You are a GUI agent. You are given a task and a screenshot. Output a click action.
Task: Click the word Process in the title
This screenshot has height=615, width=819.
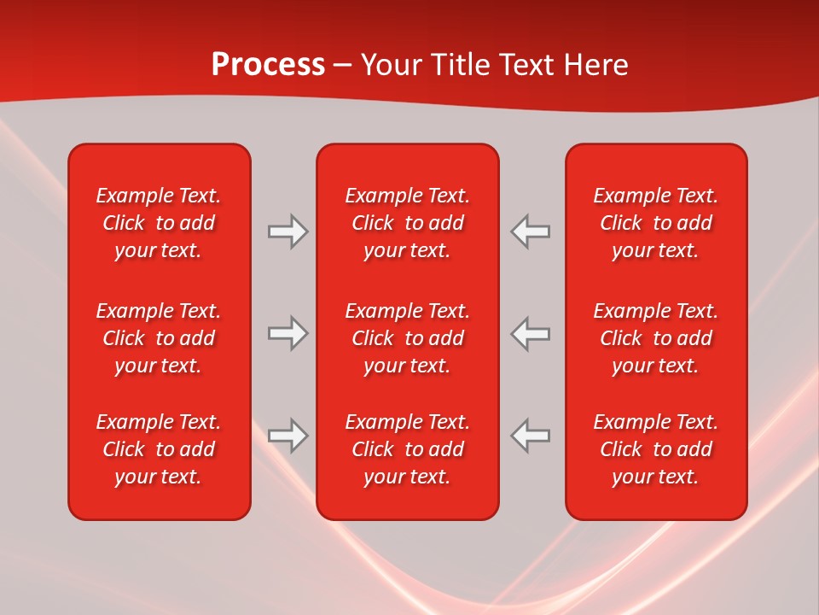point(268,65)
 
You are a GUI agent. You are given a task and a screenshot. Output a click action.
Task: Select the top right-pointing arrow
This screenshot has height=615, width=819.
point(288,231)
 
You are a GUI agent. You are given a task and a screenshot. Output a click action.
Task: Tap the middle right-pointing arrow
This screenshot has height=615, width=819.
point(288,333)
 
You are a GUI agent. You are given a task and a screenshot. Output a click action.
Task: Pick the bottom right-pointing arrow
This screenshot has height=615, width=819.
point(288,436)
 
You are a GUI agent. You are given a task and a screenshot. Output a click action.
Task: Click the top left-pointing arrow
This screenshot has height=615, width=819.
point(530,231)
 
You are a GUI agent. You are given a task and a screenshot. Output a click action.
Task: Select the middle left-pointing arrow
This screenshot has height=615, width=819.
point(530,333)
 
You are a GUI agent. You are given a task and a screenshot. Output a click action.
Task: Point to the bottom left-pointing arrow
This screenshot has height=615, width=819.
point(530,436)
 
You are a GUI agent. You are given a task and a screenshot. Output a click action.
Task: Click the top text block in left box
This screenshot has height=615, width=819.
point(159,223)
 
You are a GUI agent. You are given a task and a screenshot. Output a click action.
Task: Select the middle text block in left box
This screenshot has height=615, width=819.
point(159,338)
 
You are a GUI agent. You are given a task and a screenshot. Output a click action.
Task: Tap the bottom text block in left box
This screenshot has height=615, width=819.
point(159,449)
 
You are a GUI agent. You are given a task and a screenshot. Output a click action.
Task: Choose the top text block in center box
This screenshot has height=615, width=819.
point(408,223)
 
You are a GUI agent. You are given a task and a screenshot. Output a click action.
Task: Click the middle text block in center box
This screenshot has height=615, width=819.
point(408,338)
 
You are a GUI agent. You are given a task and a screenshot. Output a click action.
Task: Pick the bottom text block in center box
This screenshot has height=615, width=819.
point(408,449)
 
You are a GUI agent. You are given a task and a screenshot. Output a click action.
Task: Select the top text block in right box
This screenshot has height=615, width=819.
point(656,223)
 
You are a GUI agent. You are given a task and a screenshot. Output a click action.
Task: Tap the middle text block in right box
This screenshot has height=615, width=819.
point(656,338)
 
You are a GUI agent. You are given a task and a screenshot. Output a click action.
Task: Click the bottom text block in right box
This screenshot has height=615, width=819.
point(656,449)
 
